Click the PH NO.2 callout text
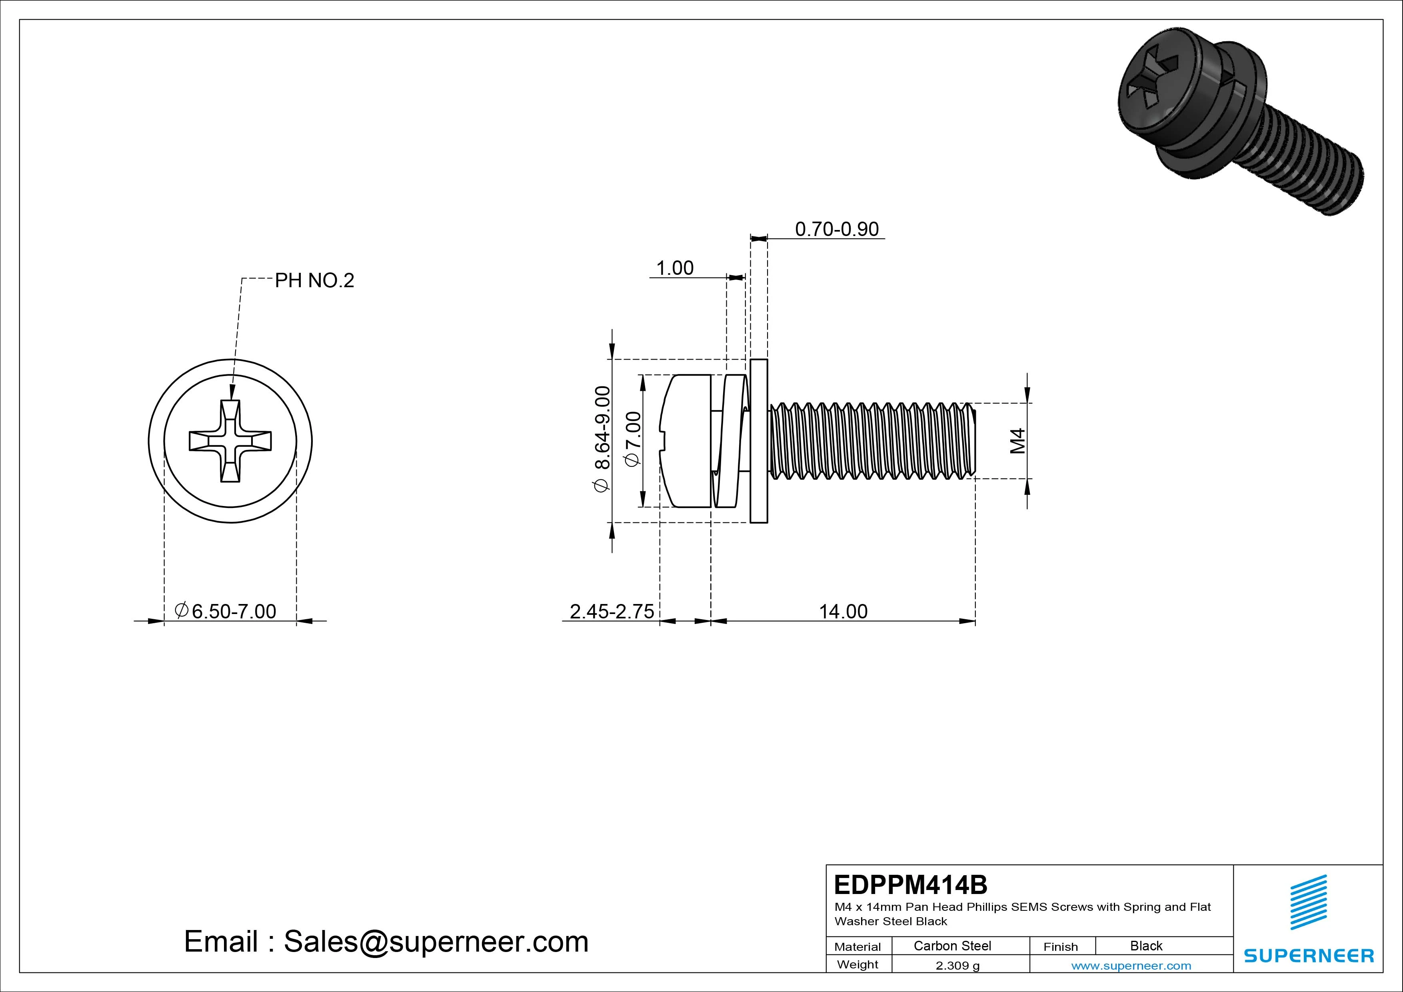point(314,280)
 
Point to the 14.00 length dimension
point(843,611)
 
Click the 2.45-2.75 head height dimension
point(612,611)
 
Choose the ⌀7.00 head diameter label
point(633,438)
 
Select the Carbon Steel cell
point(952,946)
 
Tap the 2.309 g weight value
point(957,966)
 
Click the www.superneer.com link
point(1131,966)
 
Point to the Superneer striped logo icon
point(1308,902)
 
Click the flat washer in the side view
point(758,441)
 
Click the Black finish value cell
point(1146,946)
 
